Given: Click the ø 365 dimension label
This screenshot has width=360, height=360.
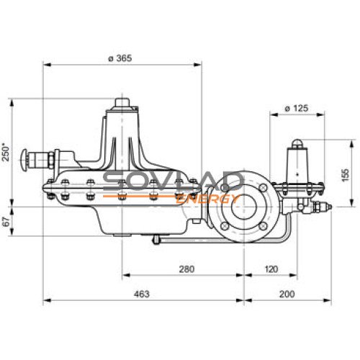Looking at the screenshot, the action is point(120,58).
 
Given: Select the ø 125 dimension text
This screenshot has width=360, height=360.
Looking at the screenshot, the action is point(296,108).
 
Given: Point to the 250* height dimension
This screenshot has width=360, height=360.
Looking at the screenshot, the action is point(6,152).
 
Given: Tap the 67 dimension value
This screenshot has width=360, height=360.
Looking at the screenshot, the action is point(7,221).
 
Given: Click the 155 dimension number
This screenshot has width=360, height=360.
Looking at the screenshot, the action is point(345,175).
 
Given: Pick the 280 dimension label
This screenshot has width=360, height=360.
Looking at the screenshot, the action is point(186,269).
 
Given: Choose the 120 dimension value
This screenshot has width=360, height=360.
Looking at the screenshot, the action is point(271,269).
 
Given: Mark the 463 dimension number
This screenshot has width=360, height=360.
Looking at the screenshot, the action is point(142,294).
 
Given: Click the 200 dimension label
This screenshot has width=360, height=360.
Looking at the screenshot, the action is point(287,294).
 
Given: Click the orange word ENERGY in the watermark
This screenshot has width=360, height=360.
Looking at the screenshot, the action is point(208,199).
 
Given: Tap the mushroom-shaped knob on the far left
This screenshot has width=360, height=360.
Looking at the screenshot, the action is point(24,160).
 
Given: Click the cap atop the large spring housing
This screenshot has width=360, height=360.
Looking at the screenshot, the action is point(122,103).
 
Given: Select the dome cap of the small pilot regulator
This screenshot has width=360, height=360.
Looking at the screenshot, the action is point(297,143).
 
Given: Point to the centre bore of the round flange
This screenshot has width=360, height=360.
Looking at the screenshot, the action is point(244,207).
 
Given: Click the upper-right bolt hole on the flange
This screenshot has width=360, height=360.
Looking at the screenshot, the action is point(264,187).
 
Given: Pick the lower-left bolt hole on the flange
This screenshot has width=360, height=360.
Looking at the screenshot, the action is point(225,225).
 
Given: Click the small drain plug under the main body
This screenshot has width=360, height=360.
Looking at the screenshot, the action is point(156,240).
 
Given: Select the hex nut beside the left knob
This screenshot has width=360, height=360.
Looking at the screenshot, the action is point(50,160).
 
